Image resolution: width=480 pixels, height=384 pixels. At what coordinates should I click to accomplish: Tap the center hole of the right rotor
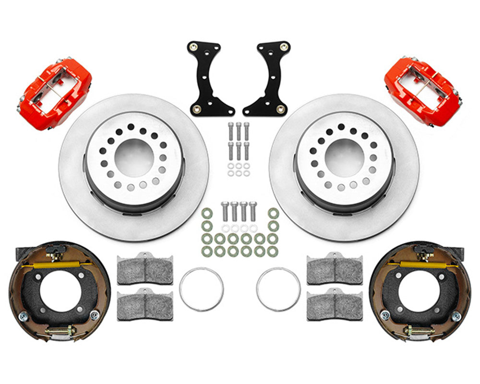click(344, 157)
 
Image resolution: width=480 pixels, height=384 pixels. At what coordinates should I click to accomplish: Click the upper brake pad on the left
click(145, 269)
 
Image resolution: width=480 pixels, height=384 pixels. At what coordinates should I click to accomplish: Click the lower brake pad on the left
click(145, 304)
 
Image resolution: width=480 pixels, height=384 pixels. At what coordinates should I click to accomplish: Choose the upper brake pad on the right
click(335, 269)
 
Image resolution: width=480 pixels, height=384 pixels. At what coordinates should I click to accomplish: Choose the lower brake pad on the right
click(335, 304)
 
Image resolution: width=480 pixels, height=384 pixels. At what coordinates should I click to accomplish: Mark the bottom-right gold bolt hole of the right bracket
click(282, 109)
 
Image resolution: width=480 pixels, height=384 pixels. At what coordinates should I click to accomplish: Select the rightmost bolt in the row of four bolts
click(253, 211)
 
